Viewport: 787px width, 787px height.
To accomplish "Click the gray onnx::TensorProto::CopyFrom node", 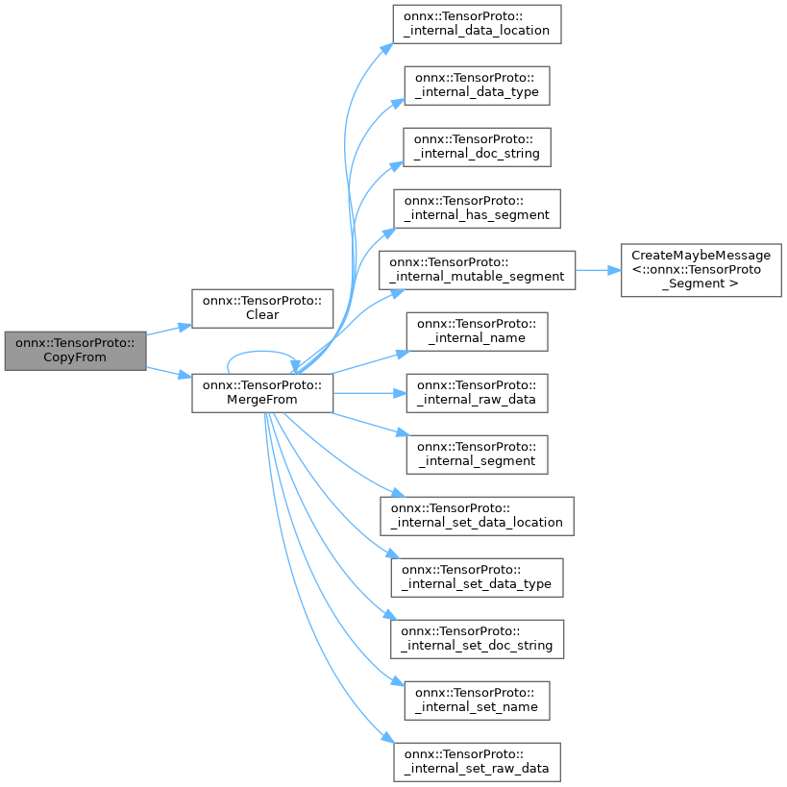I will (74, 349).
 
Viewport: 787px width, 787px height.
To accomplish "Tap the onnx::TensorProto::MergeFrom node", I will (262, 393).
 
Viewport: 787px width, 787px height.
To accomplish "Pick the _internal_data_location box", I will (477, 23).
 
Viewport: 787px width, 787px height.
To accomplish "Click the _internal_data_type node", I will (477, 86).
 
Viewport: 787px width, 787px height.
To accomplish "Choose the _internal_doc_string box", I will (477, 147).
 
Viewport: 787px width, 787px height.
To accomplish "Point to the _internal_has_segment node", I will (477, 208).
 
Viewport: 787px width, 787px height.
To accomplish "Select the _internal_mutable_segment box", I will (477, 270).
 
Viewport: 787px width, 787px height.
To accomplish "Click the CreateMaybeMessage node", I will (701, 270).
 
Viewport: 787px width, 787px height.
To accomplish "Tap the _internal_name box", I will (477, 332).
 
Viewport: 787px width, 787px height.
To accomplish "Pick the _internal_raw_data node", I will (477, 393).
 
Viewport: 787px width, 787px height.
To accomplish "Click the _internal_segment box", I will (477, 455).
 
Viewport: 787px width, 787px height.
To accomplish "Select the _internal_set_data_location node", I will (477, 516).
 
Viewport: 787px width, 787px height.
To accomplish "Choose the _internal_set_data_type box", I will (477, 578).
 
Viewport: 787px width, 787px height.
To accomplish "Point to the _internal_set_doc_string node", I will (477, 638).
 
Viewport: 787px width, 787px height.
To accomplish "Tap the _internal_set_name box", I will (477, 700).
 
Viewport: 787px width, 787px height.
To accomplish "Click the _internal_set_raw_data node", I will (477, 761).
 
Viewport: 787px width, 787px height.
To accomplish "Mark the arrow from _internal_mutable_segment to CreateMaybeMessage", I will (598, 270).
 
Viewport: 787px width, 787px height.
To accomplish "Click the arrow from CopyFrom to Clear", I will (168, 330).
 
